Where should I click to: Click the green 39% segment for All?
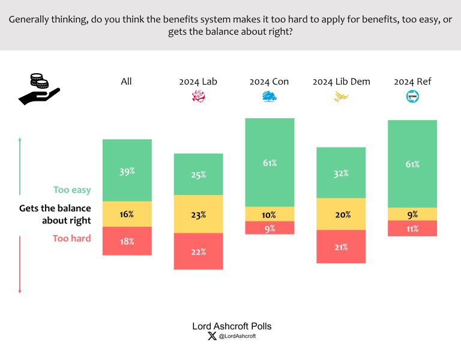127,170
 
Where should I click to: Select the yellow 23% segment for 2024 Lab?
198,214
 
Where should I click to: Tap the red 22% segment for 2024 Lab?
198,251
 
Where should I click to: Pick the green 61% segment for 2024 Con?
270,163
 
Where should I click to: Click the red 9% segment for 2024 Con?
270,228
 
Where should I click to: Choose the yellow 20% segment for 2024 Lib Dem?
341,214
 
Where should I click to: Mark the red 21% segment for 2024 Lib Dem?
341,247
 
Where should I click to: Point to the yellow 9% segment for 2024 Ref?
412,214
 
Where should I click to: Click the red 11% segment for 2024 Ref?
412,228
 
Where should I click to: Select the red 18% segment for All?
127,241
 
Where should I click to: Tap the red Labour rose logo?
198,97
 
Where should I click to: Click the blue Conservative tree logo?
270,97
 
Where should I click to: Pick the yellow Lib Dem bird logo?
341,97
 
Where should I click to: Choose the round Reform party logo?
412,97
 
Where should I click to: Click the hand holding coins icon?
39,89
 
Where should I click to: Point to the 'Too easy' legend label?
72,190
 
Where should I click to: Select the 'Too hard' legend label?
72,238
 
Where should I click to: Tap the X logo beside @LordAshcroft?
211,337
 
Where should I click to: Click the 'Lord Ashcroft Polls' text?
232,326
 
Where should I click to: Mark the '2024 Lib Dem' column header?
341,82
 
